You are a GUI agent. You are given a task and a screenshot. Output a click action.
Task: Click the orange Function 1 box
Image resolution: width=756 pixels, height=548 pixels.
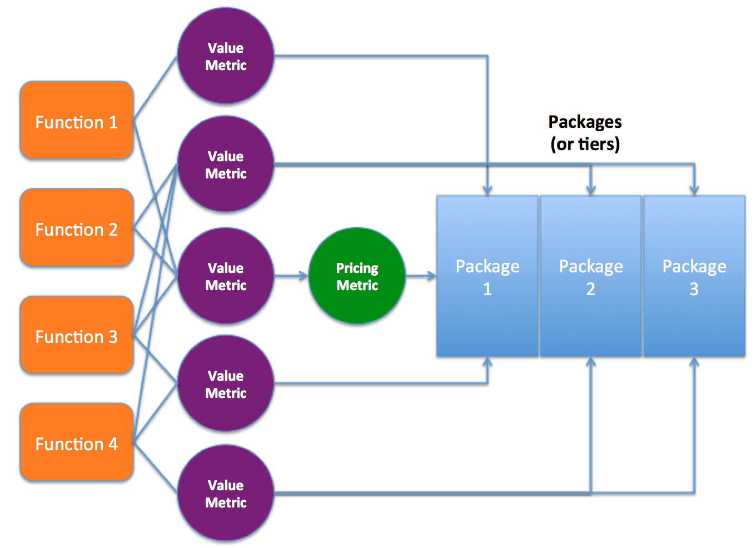pyautogui.click(x=77, y=121)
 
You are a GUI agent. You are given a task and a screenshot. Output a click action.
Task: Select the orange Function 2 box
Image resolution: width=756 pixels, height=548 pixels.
pyautogui.click(x=77, y=228)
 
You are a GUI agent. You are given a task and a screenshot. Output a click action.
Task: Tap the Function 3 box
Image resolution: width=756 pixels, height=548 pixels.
pyautogui.click(x=77, y=335)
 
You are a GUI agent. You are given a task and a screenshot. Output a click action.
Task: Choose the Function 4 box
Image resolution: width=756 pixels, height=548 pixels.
pyautogui.click(x=77, y=442)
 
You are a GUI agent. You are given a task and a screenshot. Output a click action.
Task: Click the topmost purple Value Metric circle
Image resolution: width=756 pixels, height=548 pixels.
pyautogui.click(x=226, y=56)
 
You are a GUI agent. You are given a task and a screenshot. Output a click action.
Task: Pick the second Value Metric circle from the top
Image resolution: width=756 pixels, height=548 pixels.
pyautogui.click(x=226, y=165)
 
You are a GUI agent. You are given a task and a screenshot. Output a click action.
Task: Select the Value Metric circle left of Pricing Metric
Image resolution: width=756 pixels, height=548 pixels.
pyautogui.click(x=226, y=276)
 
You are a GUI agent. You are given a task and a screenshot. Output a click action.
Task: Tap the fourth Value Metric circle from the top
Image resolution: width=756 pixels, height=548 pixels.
pyautogui.click(x=226, y=383)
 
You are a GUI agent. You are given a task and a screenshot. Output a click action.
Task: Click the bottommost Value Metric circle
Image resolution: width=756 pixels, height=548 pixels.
pyautogui.click(x=226, y=493)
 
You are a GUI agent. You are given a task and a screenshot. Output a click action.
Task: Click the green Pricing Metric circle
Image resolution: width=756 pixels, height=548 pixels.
pyautogui.click(x=357, y=276)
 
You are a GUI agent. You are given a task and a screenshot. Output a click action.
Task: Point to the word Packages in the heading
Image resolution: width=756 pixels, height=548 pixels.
pyautogui.click(x=585, y=122)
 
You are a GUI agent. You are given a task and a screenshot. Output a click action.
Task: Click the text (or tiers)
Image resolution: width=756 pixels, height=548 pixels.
pyautogui.click(x=585, y=144)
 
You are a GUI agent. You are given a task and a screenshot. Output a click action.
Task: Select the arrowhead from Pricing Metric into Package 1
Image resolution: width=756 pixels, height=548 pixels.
pyautogui.click(x=431, y=276)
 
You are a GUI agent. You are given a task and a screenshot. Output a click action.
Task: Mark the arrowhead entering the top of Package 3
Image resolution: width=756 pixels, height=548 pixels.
pyautogui.click(x=694, y=190)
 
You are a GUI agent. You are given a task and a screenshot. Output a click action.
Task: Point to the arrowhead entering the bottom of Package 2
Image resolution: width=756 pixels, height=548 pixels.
pyautogui.click(x=591, y=362)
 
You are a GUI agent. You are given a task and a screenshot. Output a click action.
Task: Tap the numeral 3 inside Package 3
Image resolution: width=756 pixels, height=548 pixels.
pyautogui.click(x=694, y=289)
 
